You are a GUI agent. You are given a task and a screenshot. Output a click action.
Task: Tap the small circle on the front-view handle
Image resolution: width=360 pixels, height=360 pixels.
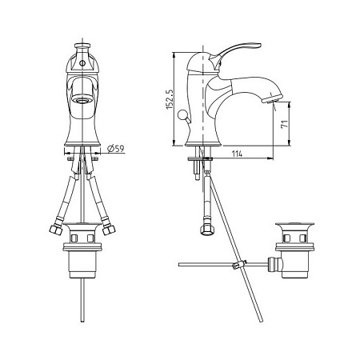click(x=82, y=60)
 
